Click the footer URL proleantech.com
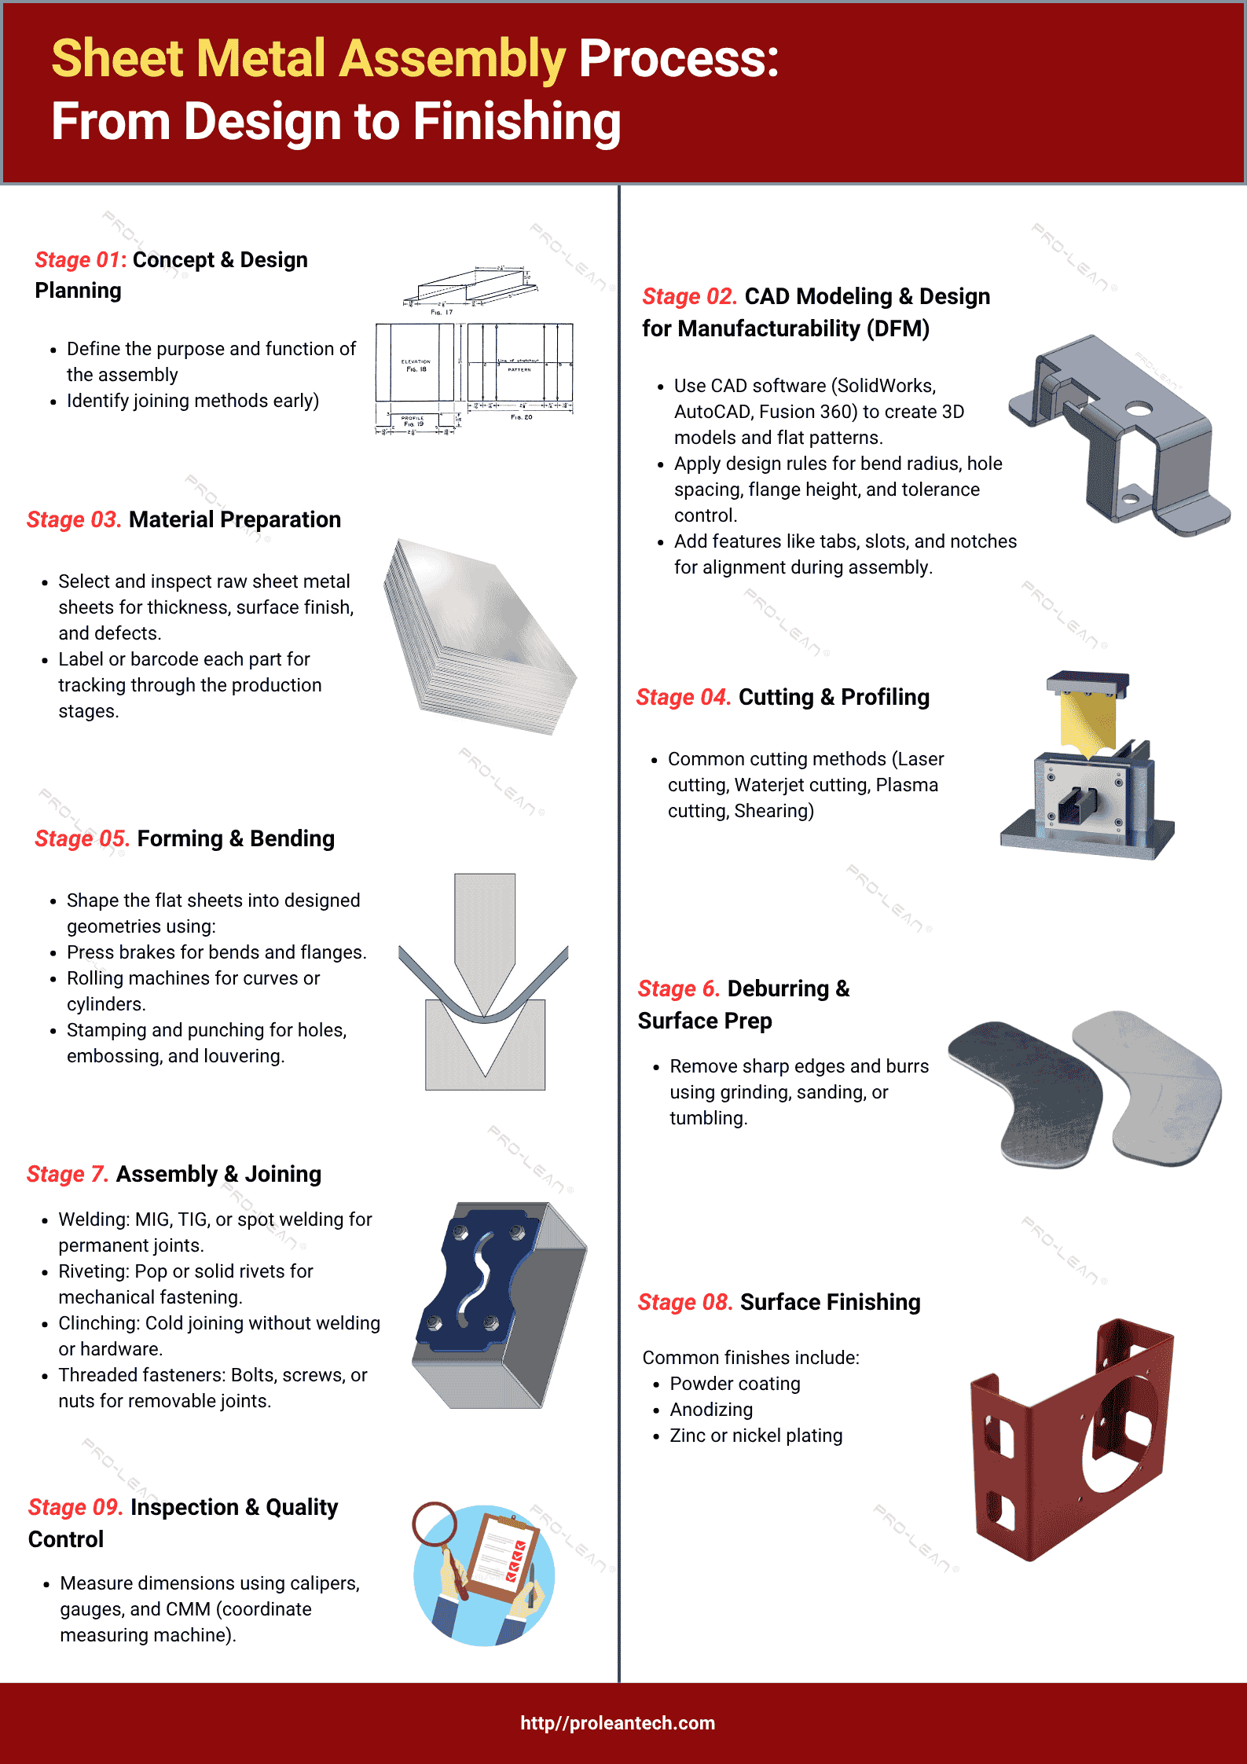[x=618, y=1723]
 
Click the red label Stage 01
[x=80, y=260]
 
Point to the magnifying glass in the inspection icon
[x=435, y=1524]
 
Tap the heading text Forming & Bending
[x=236, y=838]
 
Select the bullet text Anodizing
[x=711, y=1410]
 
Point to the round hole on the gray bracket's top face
[x=1138, y=409]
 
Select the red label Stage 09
[x=75, y=1507]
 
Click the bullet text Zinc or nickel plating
[x=756, y=1436]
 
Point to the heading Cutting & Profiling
[x=834, y=697]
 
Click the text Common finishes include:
[x=750, y=1358]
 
